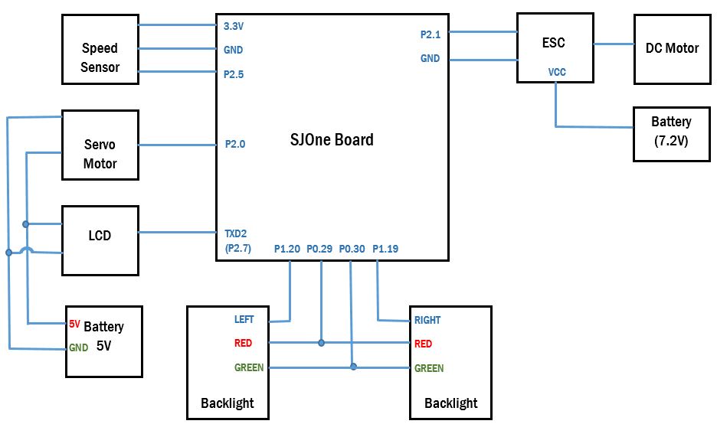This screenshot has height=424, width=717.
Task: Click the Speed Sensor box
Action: click(100, 49)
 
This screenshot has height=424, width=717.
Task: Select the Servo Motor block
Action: click(100, 145)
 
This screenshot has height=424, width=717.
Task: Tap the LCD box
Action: click(100, 240)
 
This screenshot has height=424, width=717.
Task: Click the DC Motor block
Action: click(673, 49)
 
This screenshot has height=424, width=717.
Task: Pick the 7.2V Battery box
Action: click(671, 135)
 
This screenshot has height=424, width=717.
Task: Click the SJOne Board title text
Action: click(332, 140)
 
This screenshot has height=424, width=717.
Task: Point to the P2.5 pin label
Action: click(234, 74)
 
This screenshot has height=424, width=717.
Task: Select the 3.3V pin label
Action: click(234, 27)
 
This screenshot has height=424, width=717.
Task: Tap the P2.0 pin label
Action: click(235, 145)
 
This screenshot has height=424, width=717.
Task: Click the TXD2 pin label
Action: click(235, 234)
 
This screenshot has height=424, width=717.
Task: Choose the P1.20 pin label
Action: click(287, 249)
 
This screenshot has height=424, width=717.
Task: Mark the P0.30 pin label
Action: click(352, 249)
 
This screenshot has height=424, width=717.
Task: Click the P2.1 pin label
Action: click(431, 34)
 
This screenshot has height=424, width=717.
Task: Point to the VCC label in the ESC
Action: click(557, 72)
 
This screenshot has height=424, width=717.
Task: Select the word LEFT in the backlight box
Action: click(244, 319)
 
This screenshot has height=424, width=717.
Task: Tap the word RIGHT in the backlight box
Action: click(427, 320)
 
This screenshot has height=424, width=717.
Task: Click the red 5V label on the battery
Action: click(74, 324)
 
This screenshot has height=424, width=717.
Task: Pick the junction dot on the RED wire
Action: click(322, 343)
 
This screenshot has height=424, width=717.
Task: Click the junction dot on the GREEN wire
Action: click(353, 367)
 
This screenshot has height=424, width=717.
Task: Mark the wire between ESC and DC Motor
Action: click(614, 44)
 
